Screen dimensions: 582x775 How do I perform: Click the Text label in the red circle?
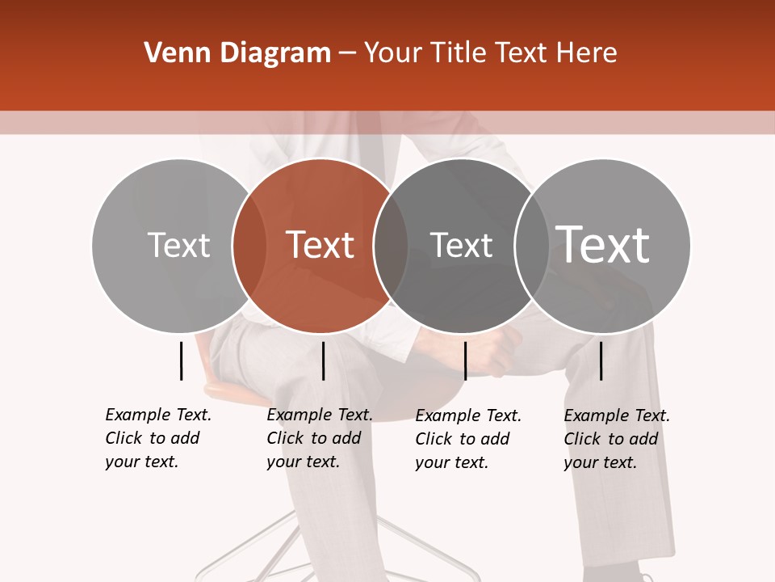pos(320,245)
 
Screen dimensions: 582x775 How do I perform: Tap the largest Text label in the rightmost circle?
pos(603,245)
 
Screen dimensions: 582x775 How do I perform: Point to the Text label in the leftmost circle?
pos(178,245)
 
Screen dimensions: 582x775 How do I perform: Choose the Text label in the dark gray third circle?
pos(461,245)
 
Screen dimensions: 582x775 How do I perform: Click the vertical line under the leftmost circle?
pos(181,361)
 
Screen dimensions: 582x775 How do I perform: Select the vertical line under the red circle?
pos(323,361)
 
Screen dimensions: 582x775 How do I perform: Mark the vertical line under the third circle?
pos(465,361)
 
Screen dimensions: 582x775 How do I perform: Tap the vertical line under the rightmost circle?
pos(601,361)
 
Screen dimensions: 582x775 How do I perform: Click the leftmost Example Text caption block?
pos(157,438)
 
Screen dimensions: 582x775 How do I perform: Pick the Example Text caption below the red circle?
pos(319,438)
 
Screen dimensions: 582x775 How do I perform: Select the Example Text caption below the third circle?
pos(467,439)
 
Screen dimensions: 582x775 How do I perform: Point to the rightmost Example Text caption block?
pos(616,439)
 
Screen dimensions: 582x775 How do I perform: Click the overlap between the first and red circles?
pos(249,245)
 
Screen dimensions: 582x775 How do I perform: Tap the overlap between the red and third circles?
pos(391,245)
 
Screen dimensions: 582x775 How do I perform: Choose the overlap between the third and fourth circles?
pos(532,245)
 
